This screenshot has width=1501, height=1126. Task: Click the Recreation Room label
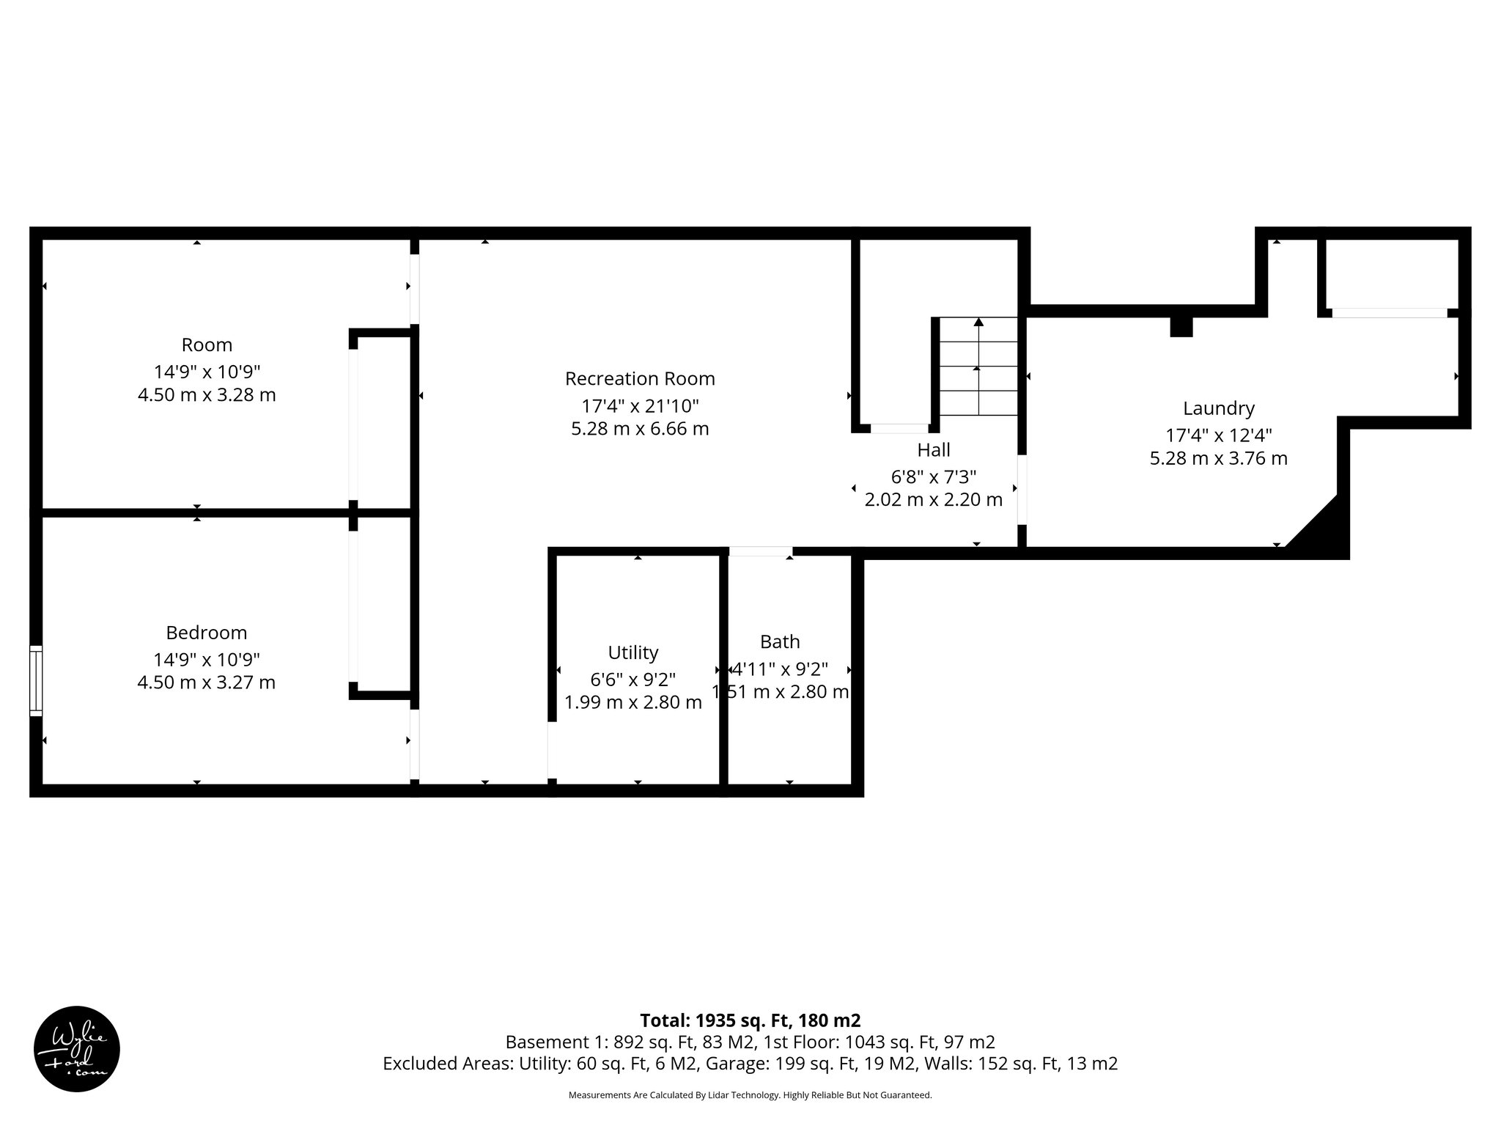[x=640, y=379]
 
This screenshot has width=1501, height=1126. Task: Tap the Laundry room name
[x=1218, y=408]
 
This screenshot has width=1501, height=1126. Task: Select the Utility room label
[x=633, y=652]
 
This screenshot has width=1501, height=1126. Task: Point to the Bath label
[x=780, y=641]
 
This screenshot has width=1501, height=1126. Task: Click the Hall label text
[x=934, y=449]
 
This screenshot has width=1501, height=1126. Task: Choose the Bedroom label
[x=206, y=633]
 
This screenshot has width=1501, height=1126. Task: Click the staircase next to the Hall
[x=978, y=367]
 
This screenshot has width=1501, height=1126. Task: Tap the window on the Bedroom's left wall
[x=35, y=680]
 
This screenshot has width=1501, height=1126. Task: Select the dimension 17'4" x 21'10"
[x=640, y=405]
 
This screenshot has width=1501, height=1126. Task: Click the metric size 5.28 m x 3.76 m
[x=1218, y=459]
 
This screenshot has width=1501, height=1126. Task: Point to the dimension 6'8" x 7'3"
[x=934, y=477]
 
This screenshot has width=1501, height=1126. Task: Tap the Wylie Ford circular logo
[x=77, y=1049]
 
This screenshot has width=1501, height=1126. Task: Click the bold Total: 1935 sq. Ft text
[x=750, y=1020]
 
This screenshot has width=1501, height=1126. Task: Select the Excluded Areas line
[x=750, y=1064]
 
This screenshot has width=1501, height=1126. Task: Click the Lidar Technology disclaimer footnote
[x=750, y=1095]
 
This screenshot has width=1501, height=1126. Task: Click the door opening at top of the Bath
[x=761, y=551]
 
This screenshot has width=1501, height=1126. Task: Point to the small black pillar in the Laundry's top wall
[x=1181, y=326]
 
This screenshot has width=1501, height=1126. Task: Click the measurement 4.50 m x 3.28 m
[x=206, y=395]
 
